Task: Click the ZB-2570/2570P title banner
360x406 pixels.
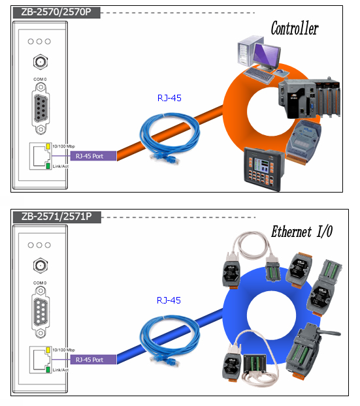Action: (56, 12)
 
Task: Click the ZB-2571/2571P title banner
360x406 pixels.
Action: (57, 217)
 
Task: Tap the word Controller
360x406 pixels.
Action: (295, 28)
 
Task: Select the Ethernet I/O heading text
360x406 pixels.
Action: (302, 231)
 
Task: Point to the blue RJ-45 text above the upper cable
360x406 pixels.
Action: (169, 98)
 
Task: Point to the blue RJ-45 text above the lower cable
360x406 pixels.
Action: (169, 300)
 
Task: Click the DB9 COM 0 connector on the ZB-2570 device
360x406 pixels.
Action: (41, 108)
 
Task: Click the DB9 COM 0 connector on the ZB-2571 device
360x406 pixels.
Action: (41, 312)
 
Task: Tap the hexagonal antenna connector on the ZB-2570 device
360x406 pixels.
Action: (40, 61)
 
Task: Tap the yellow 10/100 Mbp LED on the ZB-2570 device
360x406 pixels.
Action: (48, 146)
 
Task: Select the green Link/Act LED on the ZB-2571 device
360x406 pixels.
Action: (48, 369)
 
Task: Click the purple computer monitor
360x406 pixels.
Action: (267, 57)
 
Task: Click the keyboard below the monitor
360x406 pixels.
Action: (258, 75)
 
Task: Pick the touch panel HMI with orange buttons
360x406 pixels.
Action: (264, 169)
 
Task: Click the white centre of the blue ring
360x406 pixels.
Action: (271, 315)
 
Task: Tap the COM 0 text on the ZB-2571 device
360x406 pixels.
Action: (40, 283)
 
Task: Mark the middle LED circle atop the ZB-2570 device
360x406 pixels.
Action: (39, 41)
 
